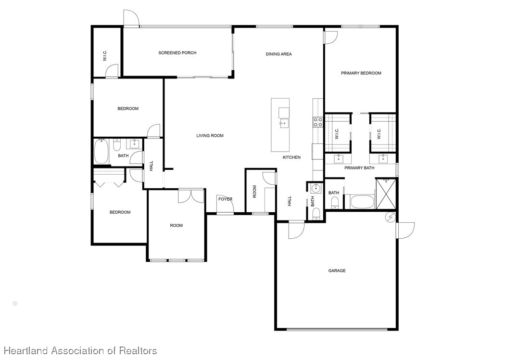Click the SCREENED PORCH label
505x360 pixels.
pyautogui.click(x=177, y=53)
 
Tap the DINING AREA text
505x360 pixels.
pyautogui.click(x=278, y=54)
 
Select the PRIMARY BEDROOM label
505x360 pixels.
pyautogui.click(x=361, y=73)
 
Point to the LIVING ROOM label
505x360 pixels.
pyautogui.click(x=210, y=136)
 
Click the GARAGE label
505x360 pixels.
pyautogui.click(x=337, y=271)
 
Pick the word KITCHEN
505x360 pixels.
pyautogui.click(x=291, y=157)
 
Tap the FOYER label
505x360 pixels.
pyautogui.click(x=225, y=199)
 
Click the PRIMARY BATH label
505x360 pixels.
pyautogui.click(x=359, y=168)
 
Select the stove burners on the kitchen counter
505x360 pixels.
pyautogui.click(x=318, y=122)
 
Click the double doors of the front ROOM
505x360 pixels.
pyautogui.click(x=191, y=195)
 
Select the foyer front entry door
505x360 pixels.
pyautogui.click(x=225, y=208)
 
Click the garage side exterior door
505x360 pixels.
pyautogui.click(x=405, y=230)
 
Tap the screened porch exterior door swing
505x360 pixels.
pyautogui.click(x=131, y=18)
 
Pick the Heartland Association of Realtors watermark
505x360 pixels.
pyautogui.click(x=79, y=351)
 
